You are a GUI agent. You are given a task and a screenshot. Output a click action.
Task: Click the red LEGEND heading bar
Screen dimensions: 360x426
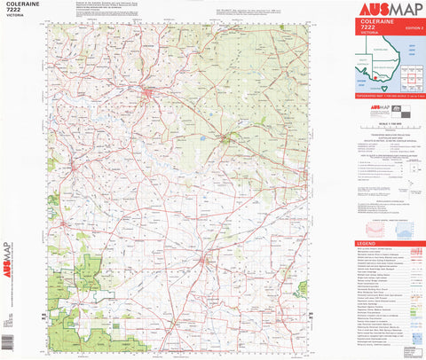(390, 243)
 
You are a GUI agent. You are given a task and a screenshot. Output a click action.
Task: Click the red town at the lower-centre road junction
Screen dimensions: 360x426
(206, 260)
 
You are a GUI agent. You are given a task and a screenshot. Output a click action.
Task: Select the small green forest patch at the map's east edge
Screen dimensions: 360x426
(303, 287)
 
